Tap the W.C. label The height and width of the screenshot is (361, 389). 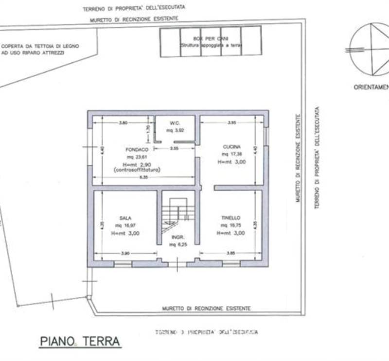175,123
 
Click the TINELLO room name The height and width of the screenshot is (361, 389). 231,218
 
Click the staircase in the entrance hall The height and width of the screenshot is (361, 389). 177,214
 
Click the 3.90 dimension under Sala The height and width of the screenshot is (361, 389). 125,253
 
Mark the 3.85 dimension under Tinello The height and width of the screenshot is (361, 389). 230,253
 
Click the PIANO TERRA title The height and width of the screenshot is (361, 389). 80,341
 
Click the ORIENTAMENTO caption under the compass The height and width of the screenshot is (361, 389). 371,88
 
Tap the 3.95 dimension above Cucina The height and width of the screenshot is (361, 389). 231,123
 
